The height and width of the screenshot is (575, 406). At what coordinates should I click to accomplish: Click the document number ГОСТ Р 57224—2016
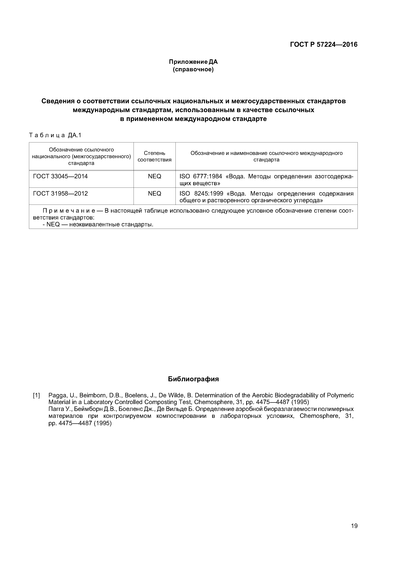point(323,45)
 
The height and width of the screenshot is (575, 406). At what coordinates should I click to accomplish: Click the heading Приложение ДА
point(193,62)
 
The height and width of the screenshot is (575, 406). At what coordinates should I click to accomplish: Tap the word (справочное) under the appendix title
point(193,69)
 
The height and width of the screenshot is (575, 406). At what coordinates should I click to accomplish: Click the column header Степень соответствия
point(154,156)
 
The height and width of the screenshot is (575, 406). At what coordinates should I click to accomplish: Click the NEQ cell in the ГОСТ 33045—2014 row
point(154,176)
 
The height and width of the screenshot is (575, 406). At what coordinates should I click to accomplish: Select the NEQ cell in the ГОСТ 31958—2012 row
point(154,194)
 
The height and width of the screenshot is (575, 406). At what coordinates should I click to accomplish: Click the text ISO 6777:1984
point(201,176)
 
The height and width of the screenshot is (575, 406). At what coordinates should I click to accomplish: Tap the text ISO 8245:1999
point(201,194)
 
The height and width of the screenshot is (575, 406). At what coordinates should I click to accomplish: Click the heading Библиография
point(193,379)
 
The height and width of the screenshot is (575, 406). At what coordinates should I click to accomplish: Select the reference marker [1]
point(37,396)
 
